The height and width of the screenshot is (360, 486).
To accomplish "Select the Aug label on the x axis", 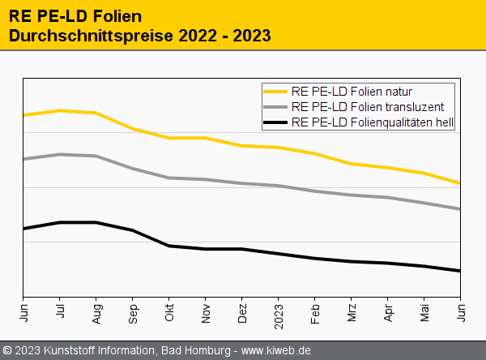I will click(x=96, y=311).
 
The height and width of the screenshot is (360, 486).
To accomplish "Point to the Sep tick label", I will click(x=133, y=311).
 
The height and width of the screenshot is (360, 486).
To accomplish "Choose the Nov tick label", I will click(x=206, y=311).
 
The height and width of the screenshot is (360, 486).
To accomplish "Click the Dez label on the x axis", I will click(x=242, y=311).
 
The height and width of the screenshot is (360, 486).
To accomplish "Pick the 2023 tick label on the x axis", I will click(x=279, y=313).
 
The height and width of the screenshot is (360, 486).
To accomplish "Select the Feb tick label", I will click(x=315, y=311).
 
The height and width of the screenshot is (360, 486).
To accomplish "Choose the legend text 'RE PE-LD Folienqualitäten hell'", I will click(x=372, y=123).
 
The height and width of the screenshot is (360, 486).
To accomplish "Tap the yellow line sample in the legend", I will click(x=275, y=91).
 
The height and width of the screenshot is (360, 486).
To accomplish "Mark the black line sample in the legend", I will click(x=275, y=123).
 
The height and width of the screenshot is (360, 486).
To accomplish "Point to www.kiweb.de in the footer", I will click(x=276, y=350).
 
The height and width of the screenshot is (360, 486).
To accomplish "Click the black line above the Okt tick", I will click(x=169, y=246).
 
